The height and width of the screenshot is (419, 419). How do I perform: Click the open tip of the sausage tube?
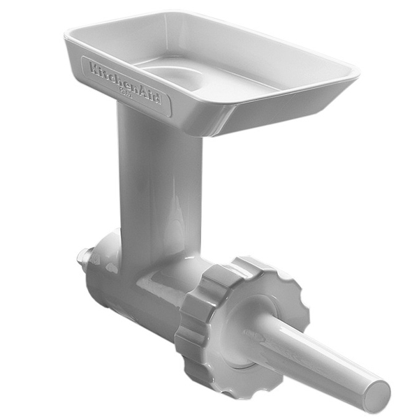(378, 397)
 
